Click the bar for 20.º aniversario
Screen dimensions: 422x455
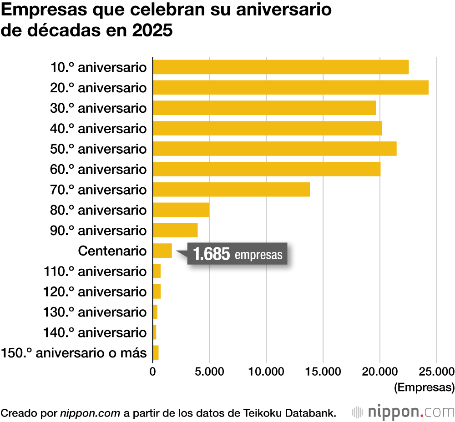click(x=290, y=87)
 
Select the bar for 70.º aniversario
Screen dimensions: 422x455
click(x=231, y=189)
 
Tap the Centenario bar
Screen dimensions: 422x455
click(x=162, y=251)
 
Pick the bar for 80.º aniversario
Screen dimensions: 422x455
click(x=181, y=210)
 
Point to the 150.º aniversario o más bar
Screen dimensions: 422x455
click(x=156, y=352)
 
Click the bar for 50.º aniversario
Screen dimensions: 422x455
click(x=274, y=149)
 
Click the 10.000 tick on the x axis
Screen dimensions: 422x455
click(x=266, y=372)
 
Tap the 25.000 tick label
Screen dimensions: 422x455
click(x=436, y=372)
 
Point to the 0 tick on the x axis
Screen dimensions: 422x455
click(x=153, y=372)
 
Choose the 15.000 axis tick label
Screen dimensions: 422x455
click(x=323, y=372)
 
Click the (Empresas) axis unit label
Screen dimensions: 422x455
click(x=424, y=387)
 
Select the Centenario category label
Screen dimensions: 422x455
click(x=112, y=251)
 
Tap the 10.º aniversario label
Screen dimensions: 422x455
click(x=99, y=67)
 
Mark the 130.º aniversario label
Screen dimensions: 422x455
click(x=95, y=312)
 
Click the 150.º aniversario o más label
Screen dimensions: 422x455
click(x=74, y=353)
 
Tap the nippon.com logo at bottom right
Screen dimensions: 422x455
click(x=403, y=400)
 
